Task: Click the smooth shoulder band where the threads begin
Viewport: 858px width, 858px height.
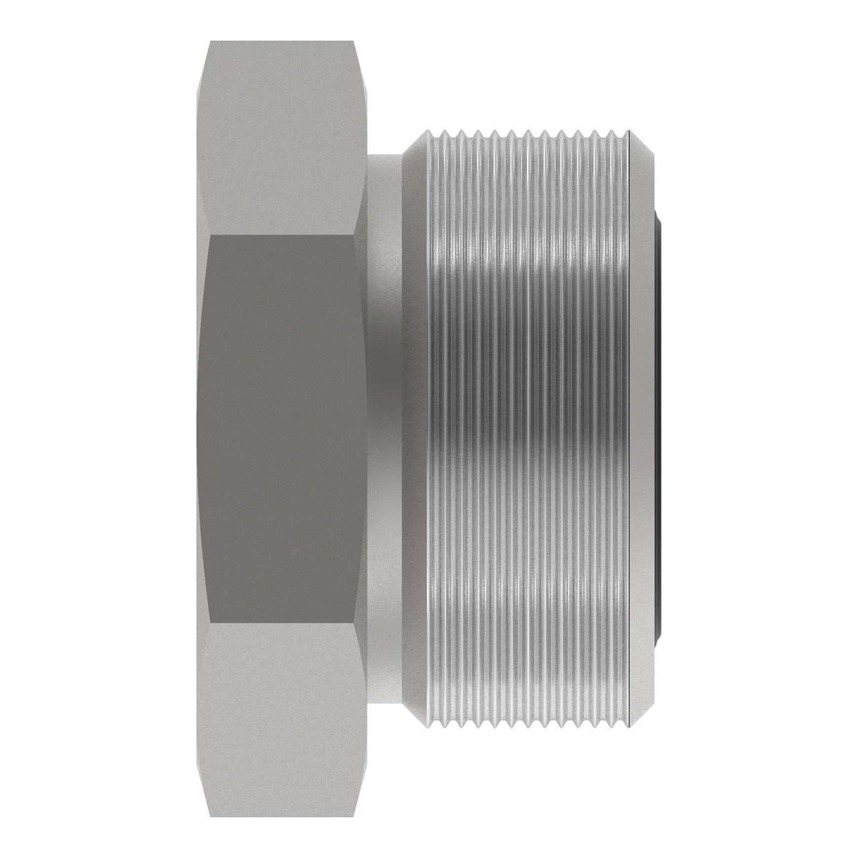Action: pyautogui.click(x=415, y=429)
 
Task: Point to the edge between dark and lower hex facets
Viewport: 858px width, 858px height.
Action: pyautogui.click(x=282, y=624)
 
